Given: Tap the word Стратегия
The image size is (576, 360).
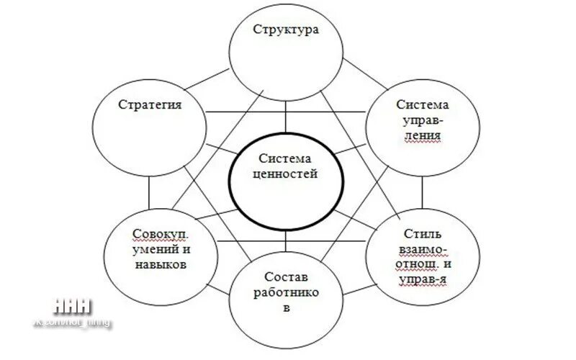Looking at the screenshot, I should tap(150, 104).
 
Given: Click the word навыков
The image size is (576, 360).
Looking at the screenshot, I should tap(161, 264).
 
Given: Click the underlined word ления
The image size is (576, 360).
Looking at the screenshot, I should tap(423, 134).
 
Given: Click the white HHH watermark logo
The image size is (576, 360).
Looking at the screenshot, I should tap(73, 305).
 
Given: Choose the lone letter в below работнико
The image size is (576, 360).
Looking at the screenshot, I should tap(287, 309).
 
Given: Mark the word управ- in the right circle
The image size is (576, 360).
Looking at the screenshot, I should tap(423, 120).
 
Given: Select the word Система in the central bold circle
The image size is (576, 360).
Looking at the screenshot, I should tap(286, 159).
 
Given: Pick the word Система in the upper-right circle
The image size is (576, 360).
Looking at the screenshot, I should tap(423, 104).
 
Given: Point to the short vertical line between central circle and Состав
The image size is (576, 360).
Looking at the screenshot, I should tap(286, 240).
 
